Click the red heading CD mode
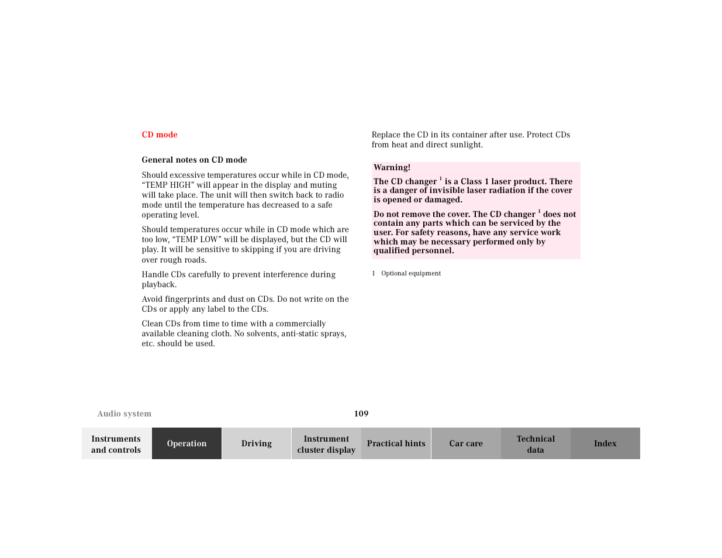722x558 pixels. click(159, 135)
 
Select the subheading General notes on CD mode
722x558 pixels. click(194, 160)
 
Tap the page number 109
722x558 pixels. click(361, 414)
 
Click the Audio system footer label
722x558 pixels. click(124, 414)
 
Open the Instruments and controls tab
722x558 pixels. click(116, 444)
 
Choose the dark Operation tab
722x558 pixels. click(186, 444)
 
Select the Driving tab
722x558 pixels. click(257, 444)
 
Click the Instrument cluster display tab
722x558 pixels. click(326, 444)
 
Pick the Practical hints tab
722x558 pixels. click(396, 444)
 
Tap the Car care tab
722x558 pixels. click(466, 444)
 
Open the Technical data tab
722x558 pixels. click(536, 444)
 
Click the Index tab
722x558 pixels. click(605, 444)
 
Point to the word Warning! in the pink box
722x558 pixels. click(392, 168)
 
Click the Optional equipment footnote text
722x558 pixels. click(411, 273)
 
